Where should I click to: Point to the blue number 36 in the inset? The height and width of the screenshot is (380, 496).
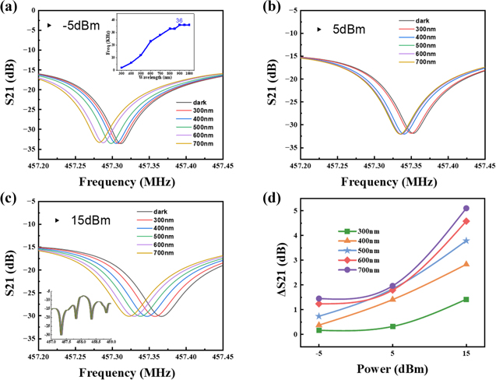point(178,19)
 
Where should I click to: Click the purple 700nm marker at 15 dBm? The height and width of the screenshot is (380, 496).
point(466,209)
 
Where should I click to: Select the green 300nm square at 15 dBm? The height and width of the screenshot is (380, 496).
point(466,299)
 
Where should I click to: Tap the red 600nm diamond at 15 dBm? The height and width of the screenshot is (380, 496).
point(466,221)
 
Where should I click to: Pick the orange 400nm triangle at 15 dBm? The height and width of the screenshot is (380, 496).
point(466,264)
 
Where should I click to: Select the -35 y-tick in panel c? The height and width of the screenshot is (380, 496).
point(26,339)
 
